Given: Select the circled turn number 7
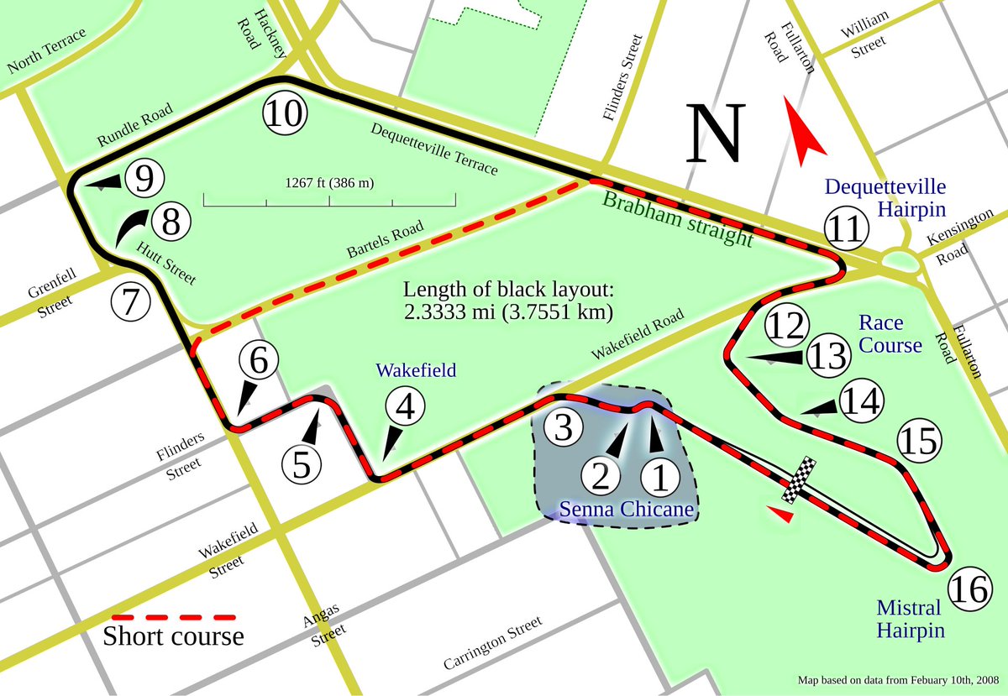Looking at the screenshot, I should (x=130, y=303).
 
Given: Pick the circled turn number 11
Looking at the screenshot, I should (x=846, y=229).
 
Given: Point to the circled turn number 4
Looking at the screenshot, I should (x=405, y=409).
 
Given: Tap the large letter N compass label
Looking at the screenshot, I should (x=716, y=135).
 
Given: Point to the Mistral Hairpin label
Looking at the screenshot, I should (x=911, y=618).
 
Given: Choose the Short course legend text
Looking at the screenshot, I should (x=173, y=636).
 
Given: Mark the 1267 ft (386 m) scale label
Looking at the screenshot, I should (x=330, y=183).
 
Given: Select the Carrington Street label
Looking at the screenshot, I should (x=493, y=642).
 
